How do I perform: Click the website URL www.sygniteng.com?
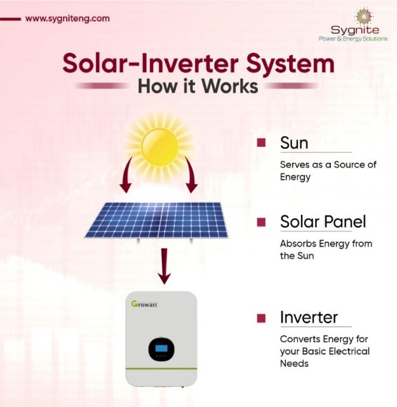coord(67,18)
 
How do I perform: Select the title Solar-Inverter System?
coord(198,64)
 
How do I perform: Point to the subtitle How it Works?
coord(198,85)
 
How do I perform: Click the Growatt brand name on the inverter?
coord(145,304)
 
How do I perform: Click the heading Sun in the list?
coord(294,143)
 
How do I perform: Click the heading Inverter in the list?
coord(309,317)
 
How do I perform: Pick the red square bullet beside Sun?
coord(260,143)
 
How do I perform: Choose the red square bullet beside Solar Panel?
coord(260,222)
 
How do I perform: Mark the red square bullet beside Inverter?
coord(260,317)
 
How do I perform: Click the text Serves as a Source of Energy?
coord(328,170)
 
